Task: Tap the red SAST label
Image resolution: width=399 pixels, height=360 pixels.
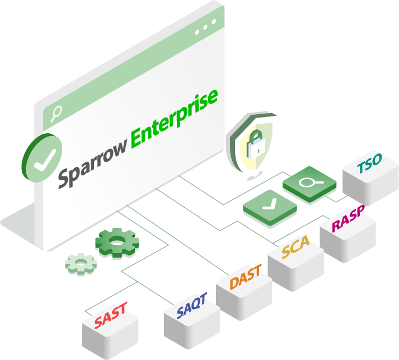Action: [110, 315]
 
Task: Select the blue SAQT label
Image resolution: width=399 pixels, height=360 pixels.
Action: [191, 306]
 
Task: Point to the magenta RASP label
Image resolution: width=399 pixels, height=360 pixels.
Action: [348, 218]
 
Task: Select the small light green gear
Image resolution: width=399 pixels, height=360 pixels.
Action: [81, 263]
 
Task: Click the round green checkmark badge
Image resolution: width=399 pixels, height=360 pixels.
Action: [44, 158]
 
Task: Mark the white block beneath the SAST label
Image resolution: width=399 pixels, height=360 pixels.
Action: [111, 336]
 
